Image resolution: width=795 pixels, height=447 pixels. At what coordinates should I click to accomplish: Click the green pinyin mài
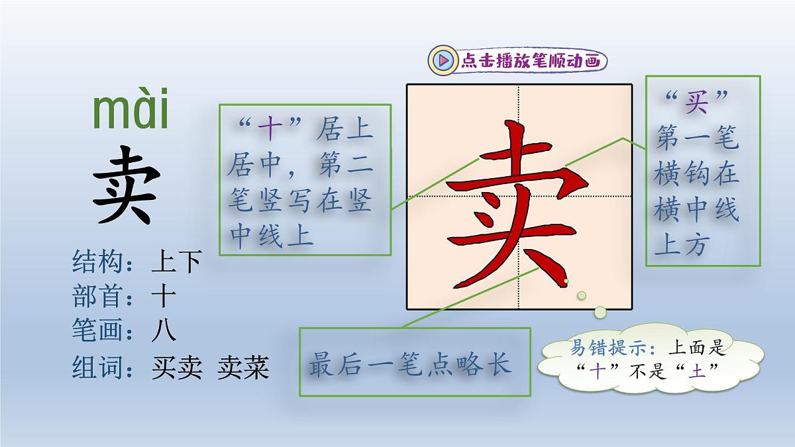pyautogui.click(x=131, y=113)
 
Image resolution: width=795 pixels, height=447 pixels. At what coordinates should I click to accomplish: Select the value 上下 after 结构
pyautogui.click(x=176, y=263)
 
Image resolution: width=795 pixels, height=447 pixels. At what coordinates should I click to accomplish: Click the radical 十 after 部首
pyautogui.click(x=163, y=297)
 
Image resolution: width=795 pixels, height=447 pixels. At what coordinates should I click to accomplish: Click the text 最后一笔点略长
pyautogui.click(x=411, y=365)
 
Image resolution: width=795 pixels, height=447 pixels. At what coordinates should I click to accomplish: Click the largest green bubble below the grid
pyautogui.click(x=600, y=311)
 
